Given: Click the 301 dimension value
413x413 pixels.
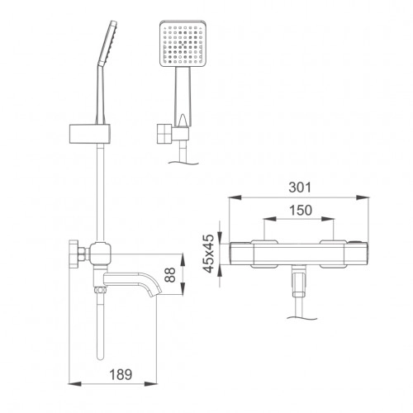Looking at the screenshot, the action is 300,188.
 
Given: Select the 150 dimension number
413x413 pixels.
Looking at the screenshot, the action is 301,211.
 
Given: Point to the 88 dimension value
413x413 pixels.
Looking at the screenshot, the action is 170,274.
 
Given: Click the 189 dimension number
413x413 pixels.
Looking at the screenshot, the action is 121,374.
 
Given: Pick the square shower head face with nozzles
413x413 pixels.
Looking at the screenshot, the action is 183,43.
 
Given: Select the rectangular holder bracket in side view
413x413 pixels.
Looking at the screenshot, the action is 90,134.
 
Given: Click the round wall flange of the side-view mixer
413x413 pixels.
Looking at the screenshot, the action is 74,254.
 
